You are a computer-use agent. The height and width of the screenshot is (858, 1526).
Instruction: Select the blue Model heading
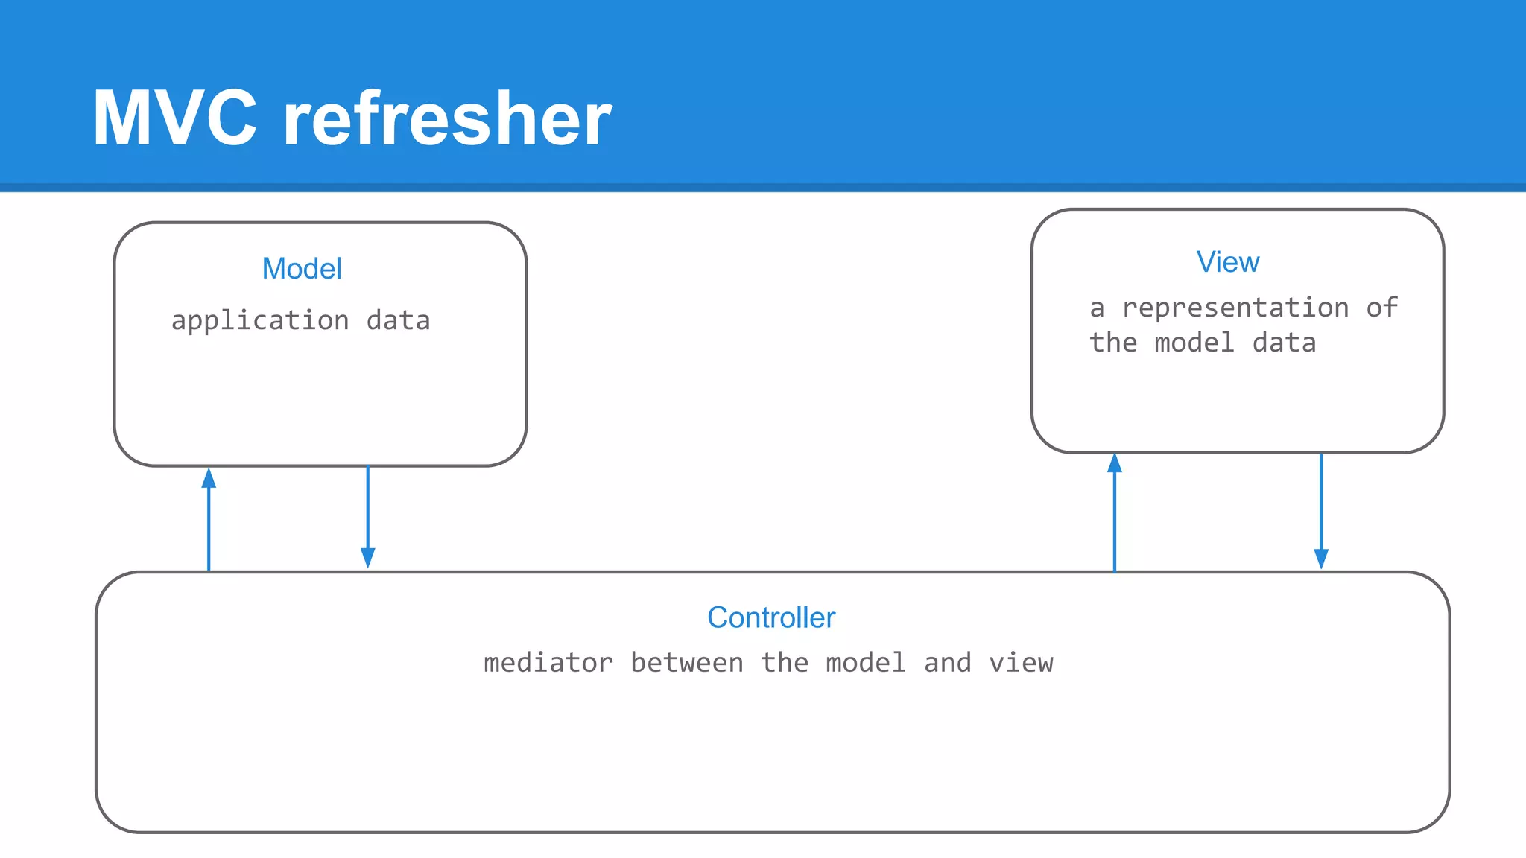tap(302, 268)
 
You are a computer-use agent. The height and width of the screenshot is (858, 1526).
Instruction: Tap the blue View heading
tap(1228, 262)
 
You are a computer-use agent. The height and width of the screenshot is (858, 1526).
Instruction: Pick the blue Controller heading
tap(771, 617)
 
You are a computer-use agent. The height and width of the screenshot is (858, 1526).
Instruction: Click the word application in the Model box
tap(260, 321)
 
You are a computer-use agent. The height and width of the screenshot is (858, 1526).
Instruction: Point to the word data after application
tap(398, 321)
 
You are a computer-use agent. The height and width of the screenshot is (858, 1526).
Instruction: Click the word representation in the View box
tap(1235, 308)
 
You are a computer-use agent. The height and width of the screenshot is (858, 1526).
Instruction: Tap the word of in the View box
tap(1381, 308)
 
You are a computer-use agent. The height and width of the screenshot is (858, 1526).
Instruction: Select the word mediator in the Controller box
tap(548, 663)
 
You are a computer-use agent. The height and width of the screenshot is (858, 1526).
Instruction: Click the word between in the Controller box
tap(686, 663)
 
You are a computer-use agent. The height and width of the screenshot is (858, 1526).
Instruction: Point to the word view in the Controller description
tap(1021, 663)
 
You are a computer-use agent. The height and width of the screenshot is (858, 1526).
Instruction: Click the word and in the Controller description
tap(947, 663)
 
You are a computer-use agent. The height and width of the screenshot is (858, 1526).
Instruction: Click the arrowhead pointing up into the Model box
tap(209, 478)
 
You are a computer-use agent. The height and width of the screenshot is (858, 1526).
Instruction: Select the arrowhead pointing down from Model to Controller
tap(367, 558)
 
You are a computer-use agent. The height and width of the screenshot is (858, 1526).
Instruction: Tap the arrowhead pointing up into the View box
tap(1115, 464)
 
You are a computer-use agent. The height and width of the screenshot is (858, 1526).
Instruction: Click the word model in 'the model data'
tap(1194, 343)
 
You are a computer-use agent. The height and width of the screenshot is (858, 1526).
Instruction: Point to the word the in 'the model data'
tap(1113, 343)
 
